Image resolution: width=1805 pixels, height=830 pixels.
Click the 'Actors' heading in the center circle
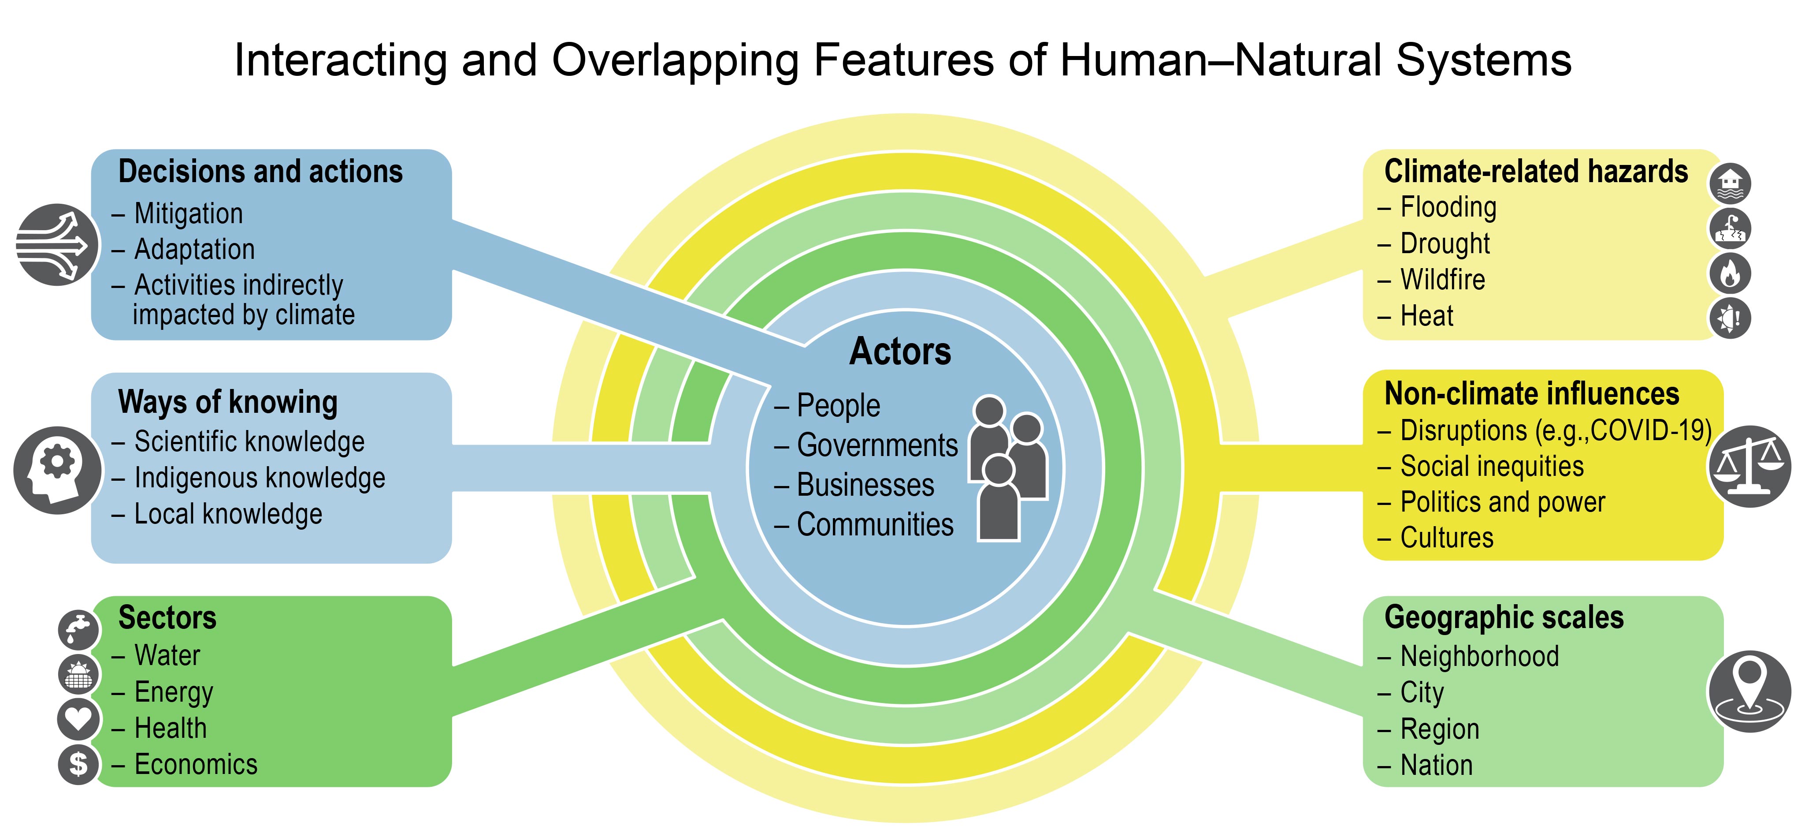pyautogui.click(x=900, y=351)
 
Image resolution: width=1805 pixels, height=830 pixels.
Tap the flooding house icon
pyautogui.click(x=1730, y=183)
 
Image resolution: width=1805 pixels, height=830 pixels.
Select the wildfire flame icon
pyautogui.click(x=1730, y=273)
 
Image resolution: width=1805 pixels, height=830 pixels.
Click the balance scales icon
pyautogui.click(x=1749, y=466)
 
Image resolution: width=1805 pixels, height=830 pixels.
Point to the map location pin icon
pyautogui.click(x=1749, y=691)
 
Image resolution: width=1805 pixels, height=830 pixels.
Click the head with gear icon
pyautogui.click(x=57, y=470)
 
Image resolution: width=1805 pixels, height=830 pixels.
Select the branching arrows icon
pyautogui.click(x=57, y=245)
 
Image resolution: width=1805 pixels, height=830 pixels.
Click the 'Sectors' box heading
pyautogui.click(x=167, y=617)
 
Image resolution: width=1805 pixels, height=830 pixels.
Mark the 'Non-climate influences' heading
pyautogui.click(x=1532, y=394)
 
